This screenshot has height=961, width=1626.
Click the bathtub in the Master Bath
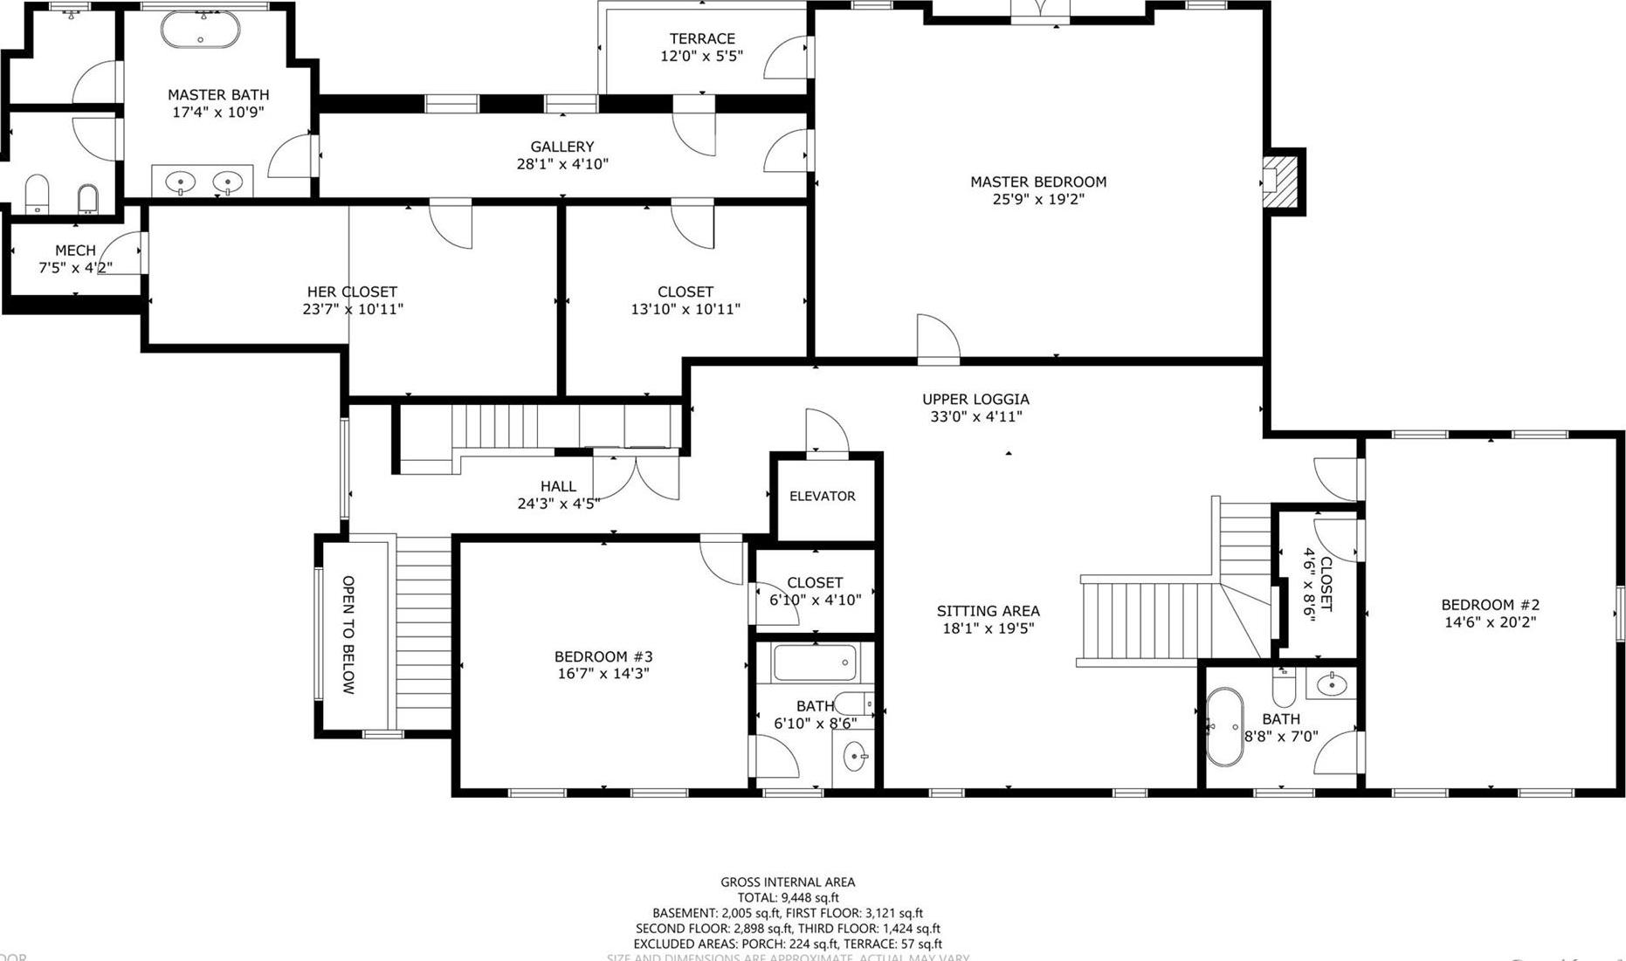click(200, 30)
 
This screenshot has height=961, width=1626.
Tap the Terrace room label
click(701, 38)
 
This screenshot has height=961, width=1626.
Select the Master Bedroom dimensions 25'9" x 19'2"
click(1037, 199)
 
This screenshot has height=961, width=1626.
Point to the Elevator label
click(822, 496)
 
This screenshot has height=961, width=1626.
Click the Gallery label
click(562, 147)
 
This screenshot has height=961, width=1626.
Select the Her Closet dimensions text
click(352, 309)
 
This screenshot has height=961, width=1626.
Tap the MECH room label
click(75, 251)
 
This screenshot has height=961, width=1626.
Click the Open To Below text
click(348, 635)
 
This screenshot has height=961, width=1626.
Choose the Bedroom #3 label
click(603, 656)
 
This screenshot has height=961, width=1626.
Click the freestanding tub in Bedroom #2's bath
click(1223, 727)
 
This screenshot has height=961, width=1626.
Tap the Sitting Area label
click(988, 611)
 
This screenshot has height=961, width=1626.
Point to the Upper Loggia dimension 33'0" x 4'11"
click(975, 417)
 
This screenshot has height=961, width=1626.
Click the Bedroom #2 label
click(1490, 605)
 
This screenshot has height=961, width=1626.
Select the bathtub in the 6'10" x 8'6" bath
click(814, 663)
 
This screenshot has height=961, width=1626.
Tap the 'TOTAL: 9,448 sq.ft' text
click(788, 897)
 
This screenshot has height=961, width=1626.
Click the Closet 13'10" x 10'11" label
click(685, 292)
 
